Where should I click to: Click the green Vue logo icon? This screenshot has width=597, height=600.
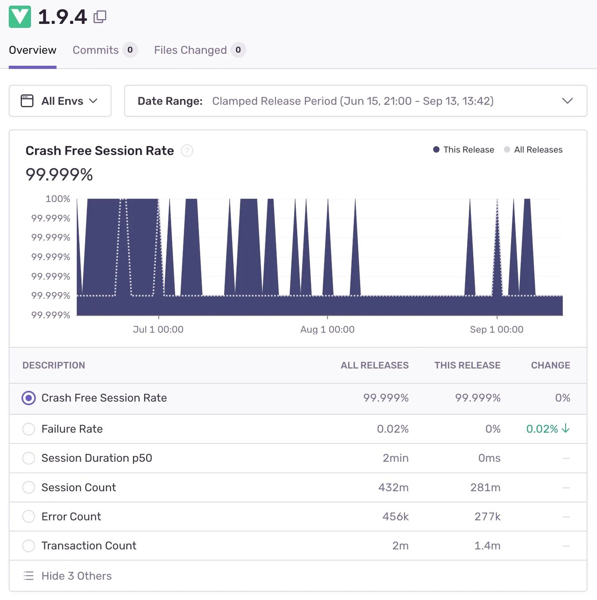[20, 17]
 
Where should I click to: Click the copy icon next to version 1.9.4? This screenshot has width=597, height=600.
[100, 17]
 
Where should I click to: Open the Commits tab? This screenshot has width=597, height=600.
[96, 50]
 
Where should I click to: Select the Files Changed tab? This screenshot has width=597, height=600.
[190, 50]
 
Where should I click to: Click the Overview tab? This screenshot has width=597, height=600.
[33, 50]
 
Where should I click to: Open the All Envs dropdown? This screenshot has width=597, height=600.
[60, 101]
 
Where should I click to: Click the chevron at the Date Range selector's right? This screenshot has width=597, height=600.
[567, 101]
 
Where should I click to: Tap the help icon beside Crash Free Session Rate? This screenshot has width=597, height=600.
[187, 151]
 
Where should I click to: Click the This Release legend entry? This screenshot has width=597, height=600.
[464, 150]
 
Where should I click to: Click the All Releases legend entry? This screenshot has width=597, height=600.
[533, 150]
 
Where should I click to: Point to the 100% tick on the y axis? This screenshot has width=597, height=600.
[58, 199]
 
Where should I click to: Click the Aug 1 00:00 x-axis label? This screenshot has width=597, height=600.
[327, 329]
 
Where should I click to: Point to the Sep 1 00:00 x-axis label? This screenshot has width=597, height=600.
[496, 329]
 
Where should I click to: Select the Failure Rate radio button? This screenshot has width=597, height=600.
[29, 429]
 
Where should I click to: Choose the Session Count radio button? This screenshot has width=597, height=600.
[29, 487]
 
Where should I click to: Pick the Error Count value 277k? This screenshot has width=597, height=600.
[487, 517]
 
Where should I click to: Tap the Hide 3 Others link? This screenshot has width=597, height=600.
[76, 576]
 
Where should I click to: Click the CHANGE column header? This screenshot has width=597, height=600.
[550, 365]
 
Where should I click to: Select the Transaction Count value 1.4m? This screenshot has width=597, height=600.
[487, 546]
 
